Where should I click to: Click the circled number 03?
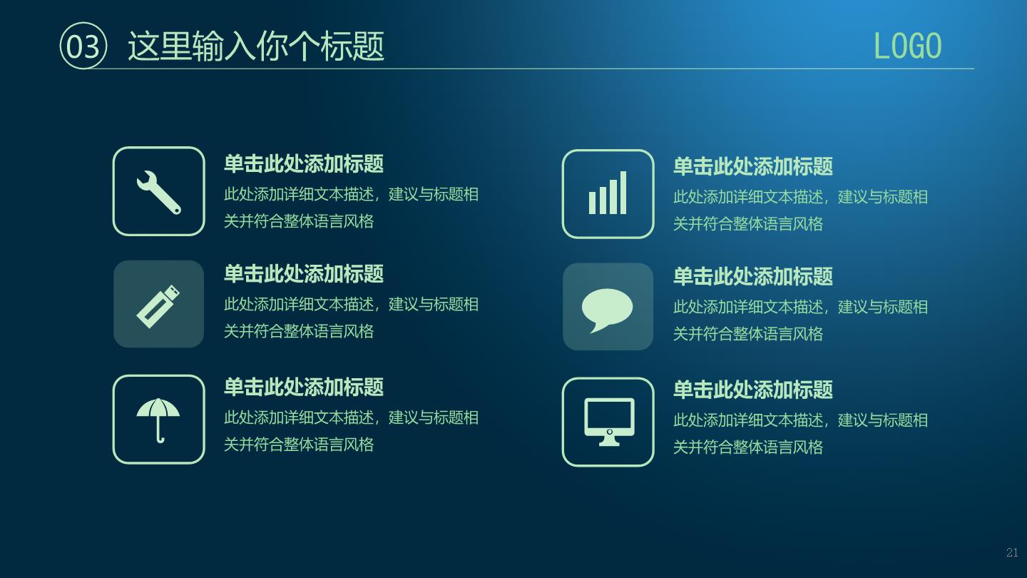pos(83,46)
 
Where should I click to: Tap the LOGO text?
pos(907,46)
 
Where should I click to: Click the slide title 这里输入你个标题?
pos(256,46)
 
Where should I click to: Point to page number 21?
pos(1012,552)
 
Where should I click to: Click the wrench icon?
pos(158,192)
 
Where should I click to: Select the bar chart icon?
pos(608,193)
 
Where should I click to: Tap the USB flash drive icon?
pos(158,306)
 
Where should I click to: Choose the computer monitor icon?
pos(609,422)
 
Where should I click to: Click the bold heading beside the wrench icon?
pos(304,164)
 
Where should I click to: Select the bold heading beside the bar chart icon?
pos(753,166)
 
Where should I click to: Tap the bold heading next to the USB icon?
pos(304,274)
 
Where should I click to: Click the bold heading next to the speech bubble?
pos(753,276)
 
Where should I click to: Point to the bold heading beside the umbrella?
pos(304,387)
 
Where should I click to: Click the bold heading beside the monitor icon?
pos(753,390)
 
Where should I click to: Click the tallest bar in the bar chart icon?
pos(623,193)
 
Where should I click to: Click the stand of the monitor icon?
pos(609,441)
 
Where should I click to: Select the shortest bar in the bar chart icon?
pos(592,203)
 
